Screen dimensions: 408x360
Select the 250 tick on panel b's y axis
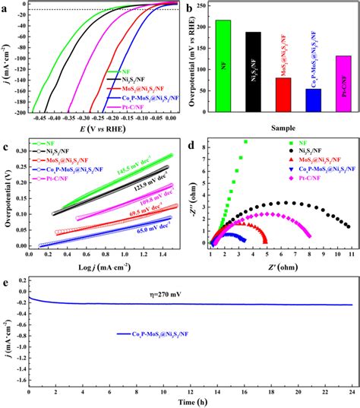coord(197,5)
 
